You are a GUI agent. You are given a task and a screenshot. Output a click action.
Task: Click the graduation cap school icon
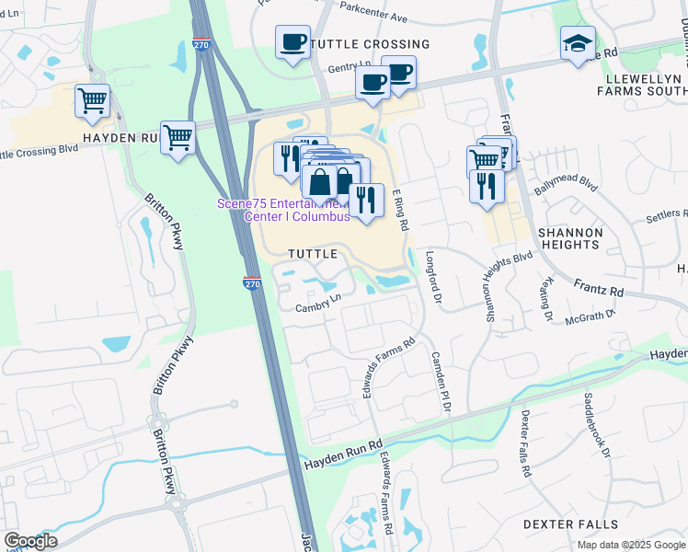[x=578, y=43]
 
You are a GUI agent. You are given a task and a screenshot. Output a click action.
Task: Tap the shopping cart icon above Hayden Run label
[x=92, y=102]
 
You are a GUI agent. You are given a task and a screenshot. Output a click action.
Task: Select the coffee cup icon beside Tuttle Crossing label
[x=292, y=42]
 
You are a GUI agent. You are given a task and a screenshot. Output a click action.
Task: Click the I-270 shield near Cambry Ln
[x=253, y=283]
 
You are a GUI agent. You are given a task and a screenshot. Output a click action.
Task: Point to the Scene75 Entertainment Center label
[x=283, y=210]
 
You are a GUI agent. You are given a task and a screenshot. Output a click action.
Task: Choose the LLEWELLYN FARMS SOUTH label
[x=640, y=85]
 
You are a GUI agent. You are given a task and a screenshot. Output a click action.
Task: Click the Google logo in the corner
[x=30, y=541]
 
